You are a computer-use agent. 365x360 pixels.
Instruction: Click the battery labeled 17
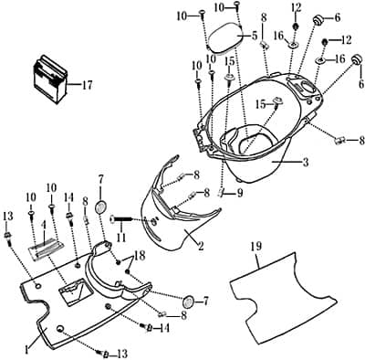50,79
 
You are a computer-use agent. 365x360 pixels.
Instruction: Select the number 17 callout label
86,85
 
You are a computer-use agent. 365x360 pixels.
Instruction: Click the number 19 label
256,246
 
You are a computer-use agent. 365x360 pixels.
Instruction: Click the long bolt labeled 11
121,219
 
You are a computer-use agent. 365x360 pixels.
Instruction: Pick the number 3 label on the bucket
306,162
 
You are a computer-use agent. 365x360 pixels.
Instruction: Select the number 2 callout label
201,246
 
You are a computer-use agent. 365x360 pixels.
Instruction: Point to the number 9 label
240,194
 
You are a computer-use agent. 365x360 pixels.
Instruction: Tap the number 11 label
121,238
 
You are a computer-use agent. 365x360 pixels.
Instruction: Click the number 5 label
255,37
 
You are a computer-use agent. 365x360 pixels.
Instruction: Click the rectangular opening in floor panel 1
75,291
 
